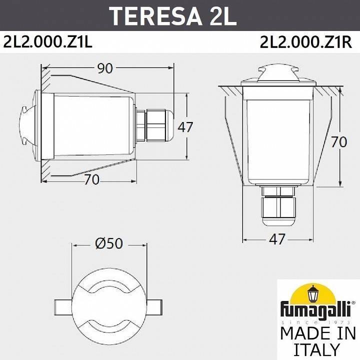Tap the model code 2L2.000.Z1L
[48, 43]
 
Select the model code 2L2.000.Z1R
[305, 43]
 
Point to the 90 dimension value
[105, 68]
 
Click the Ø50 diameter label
[108, 243]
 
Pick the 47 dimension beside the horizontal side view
[185, 127]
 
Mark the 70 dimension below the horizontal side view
[91, 179]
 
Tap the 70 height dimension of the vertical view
[338, 142]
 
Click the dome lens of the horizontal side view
[27, 125]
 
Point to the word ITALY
[317, 348]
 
